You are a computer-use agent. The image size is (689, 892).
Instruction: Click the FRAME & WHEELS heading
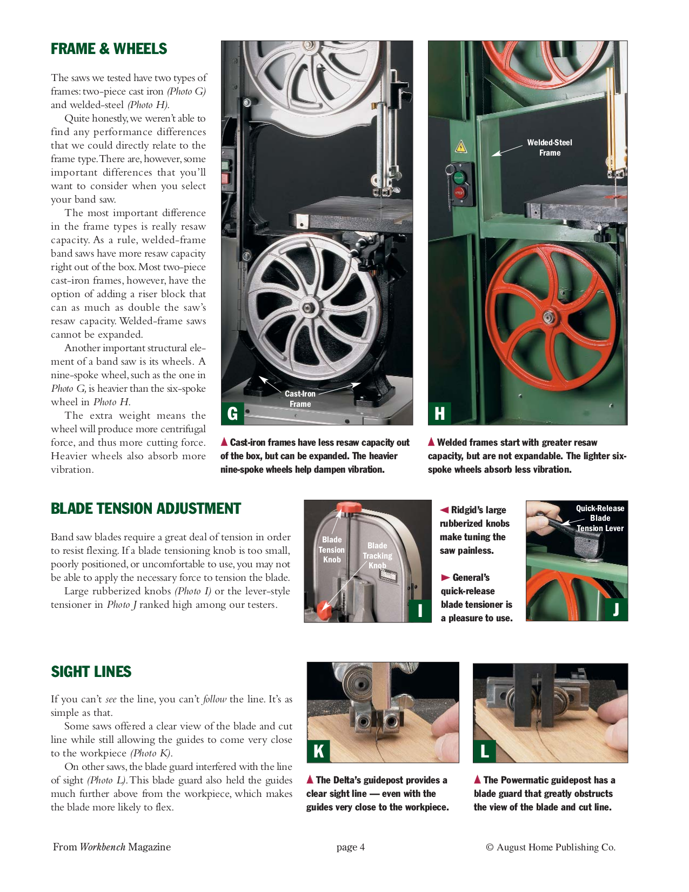[x=109, y=49]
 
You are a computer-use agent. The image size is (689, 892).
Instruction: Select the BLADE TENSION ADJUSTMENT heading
[x=145, y=509]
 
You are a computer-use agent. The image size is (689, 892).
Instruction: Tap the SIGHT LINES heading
[x=91, y=672]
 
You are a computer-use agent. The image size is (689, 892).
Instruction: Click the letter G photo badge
[x=233, y=414]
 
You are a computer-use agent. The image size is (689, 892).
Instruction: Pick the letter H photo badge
[x=440, y=414]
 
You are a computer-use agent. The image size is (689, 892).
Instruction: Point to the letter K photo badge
[x=319, y=751]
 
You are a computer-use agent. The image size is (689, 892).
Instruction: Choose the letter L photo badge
[x=485, y=751]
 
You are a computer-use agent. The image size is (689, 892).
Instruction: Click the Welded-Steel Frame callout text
[x=550, y=147]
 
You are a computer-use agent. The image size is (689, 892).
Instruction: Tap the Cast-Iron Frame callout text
[x=300, y=399]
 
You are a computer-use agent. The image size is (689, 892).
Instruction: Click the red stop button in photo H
[x=459, y=192]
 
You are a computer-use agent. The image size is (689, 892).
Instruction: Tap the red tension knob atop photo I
[x=349, y=508]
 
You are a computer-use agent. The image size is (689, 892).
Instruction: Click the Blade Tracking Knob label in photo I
[x=377, y=555]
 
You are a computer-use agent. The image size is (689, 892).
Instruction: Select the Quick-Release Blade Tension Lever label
[x=600, y=518]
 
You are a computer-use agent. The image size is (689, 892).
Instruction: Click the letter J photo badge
[x=616, y=609]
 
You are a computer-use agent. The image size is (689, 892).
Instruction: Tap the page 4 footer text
[x=350, y=847]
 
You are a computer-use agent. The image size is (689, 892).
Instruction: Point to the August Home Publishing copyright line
[x=551, y=847]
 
